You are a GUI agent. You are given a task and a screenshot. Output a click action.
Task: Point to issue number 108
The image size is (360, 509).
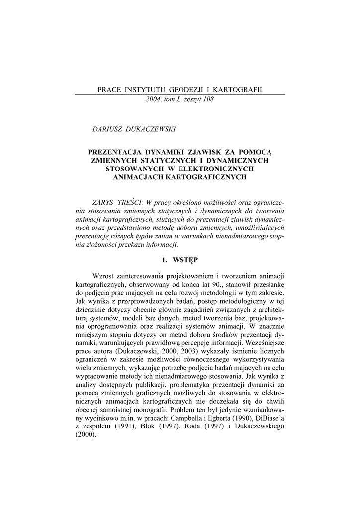(206, 99)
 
